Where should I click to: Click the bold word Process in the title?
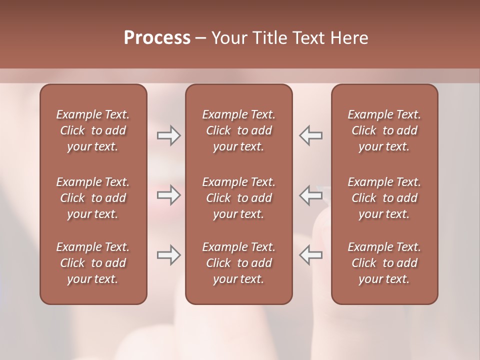point(157,38)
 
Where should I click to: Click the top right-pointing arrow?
point(168,135)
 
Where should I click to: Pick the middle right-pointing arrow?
point(168,195)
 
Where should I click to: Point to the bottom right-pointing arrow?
point(168,255)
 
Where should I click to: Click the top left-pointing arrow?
point(310,135)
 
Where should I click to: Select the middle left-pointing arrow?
point(310,195)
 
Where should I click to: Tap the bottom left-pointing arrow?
point(310,255)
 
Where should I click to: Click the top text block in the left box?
point(93,130)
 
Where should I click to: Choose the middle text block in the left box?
point(93,198)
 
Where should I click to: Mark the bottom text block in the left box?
point(93,263)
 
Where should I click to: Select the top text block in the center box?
point(239,130)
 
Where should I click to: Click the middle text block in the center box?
point(239,198)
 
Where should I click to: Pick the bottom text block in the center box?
point(239,263)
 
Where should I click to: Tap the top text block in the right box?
point(384,130)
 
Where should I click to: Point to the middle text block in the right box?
point(384,198)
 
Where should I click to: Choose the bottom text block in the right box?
point(384,263)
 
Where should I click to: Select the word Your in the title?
point(228,38)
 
